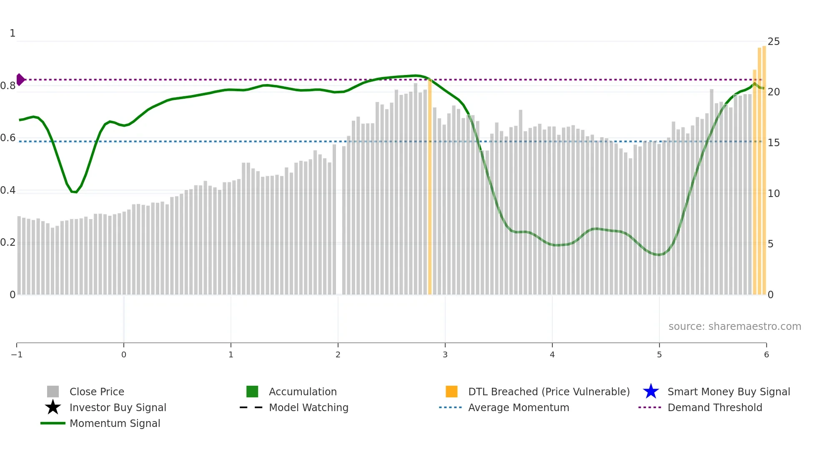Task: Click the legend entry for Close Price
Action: tap(96, 392)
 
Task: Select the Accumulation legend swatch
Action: tap(252, 392)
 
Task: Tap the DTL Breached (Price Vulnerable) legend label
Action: tap(549, 392)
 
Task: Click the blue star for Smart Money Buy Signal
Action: tap(651, 392)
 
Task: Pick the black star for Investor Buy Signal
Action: tap(53, 407)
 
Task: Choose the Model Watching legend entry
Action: tap(308, 407)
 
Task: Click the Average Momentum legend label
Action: tap(518, 407)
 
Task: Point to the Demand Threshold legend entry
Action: tap(714, 407)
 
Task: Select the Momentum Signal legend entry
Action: tap(115, 423)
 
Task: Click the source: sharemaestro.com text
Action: tap(734, 326)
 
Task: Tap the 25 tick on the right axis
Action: tap(774, 42)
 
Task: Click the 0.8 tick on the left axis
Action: tap(8, 86)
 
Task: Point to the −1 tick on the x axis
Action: tap(17, 354)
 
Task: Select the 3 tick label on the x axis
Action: tap(445, 354)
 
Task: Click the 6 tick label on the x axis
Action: tap(766, 354)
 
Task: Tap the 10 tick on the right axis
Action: tap(774, 194)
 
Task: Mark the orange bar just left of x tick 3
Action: tap(430, 187)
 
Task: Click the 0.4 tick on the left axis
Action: tap(8, 190)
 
